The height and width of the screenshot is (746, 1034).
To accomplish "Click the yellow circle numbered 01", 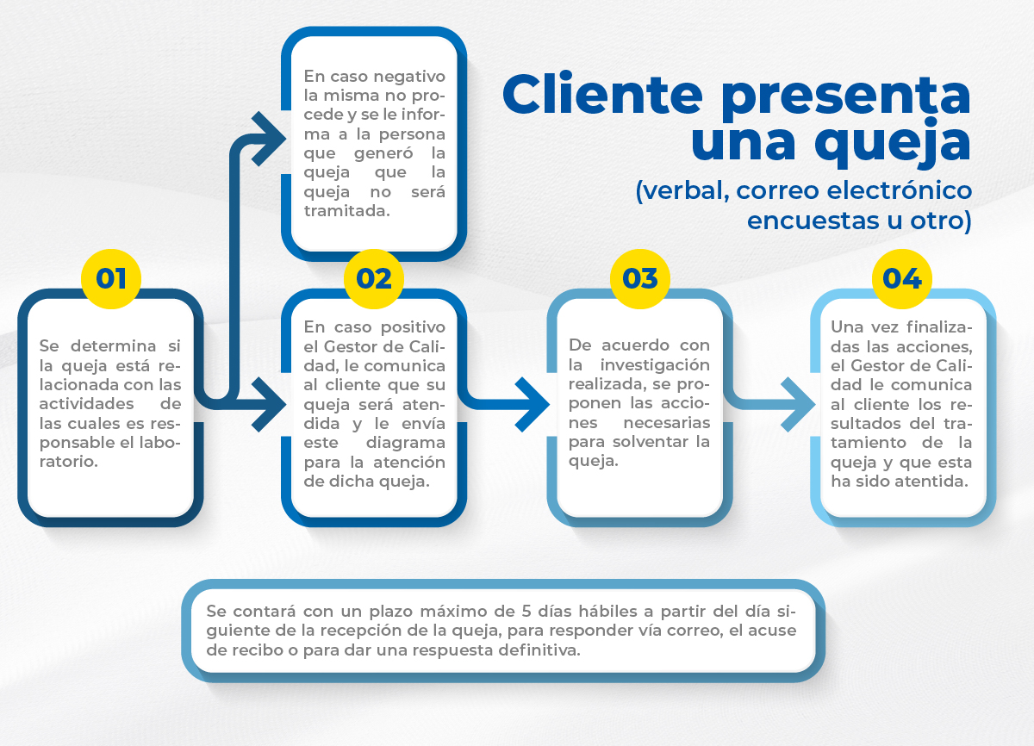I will [111, 279].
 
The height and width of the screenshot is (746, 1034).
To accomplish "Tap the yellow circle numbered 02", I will [374, 279].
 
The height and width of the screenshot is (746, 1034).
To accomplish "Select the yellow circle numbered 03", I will [639, 279].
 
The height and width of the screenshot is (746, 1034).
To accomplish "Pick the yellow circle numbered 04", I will [902, 279].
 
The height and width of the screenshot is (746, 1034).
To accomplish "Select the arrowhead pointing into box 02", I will [270, 403].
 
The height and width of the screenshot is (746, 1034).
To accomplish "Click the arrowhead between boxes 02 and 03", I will [532, 403].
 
